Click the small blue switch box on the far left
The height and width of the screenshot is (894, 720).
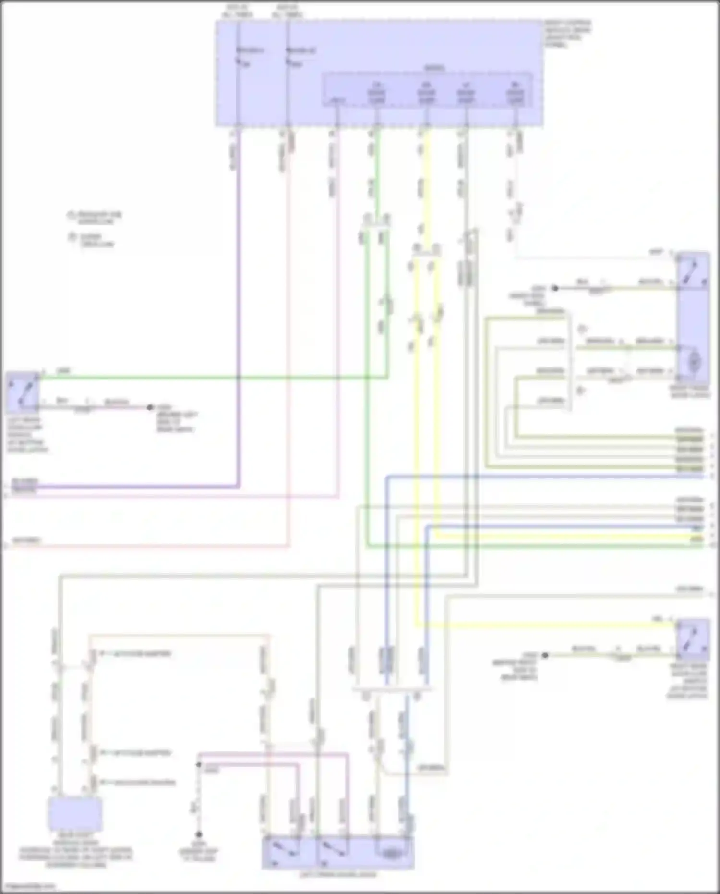coord(23,392)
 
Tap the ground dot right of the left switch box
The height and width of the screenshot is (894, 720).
coord(150,407)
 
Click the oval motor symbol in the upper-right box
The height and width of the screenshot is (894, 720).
coord(694,362)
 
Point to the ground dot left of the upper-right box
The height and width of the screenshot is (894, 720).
coord(555,288)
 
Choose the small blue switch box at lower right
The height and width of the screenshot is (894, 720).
coord(693,639)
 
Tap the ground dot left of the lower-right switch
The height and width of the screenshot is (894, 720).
coord(545,655)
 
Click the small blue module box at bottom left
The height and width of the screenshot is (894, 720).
coord(75,814)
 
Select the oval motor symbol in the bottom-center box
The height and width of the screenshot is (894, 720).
coord(392,854)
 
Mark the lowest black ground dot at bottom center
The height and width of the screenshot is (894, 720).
coord(198,834)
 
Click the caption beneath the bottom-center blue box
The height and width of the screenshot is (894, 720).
coord(338,874)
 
